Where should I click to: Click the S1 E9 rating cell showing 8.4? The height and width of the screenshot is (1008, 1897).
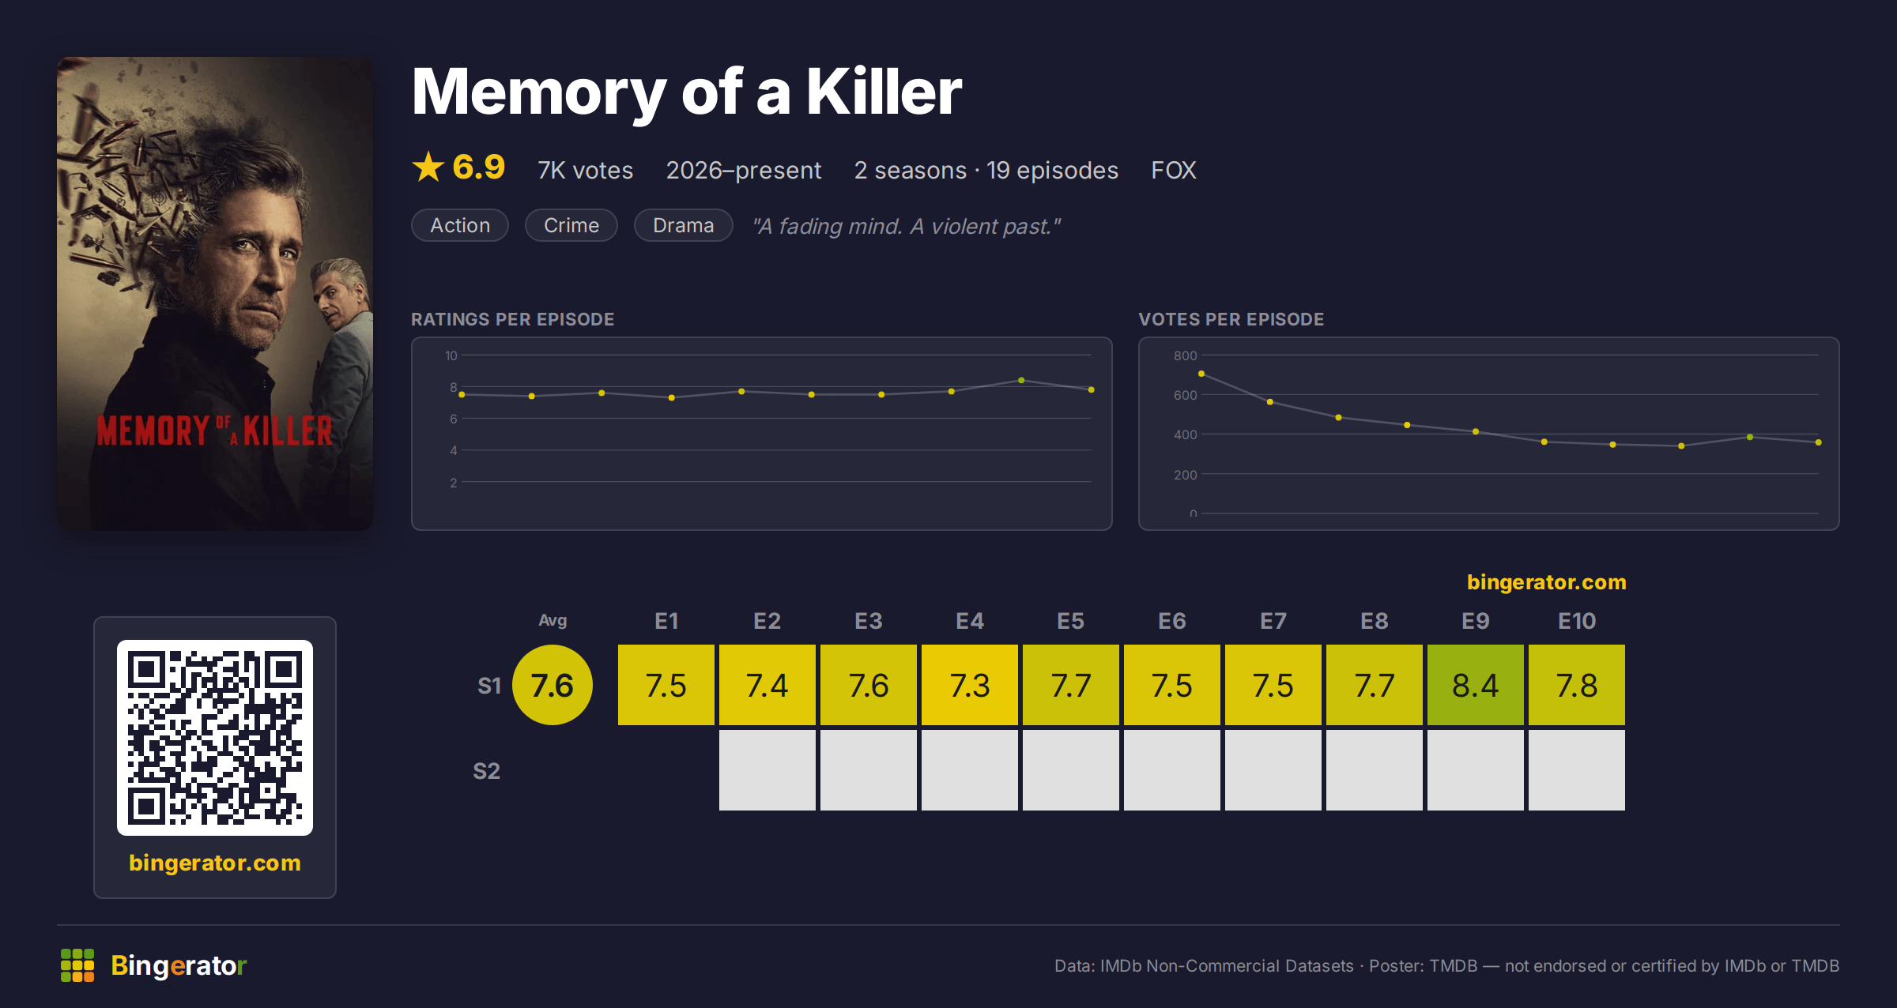1475,685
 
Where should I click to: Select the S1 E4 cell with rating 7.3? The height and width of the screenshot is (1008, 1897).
969,685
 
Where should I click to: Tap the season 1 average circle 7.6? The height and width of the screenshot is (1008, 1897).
553,685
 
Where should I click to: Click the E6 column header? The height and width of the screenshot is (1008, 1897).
1171,621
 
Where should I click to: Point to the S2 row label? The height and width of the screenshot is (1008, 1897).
487,771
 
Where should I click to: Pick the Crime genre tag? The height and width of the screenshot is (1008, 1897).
571,225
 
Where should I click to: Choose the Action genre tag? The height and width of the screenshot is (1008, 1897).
460,225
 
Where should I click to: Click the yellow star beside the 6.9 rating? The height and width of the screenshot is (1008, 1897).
428,167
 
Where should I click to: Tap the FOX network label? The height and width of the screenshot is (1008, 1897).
1174,170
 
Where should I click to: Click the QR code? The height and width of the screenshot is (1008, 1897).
215,738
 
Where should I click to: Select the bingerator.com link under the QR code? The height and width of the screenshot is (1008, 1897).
215,863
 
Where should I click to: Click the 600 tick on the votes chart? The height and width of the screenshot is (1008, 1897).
1185,395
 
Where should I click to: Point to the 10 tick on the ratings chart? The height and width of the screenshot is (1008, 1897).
451,355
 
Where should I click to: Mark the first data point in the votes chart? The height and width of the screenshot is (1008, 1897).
1201,374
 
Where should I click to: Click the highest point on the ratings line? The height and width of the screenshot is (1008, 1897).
1021,381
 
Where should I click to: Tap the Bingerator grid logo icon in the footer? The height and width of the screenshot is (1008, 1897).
77,965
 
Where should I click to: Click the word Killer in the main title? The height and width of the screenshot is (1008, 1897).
884,92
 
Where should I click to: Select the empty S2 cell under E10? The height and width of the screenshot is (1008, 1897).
1576,770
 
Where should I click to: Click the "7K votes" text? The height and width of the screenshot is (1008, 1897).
586,170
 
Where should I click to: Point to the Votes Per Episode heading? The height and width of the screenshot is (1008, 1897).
1231,319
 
